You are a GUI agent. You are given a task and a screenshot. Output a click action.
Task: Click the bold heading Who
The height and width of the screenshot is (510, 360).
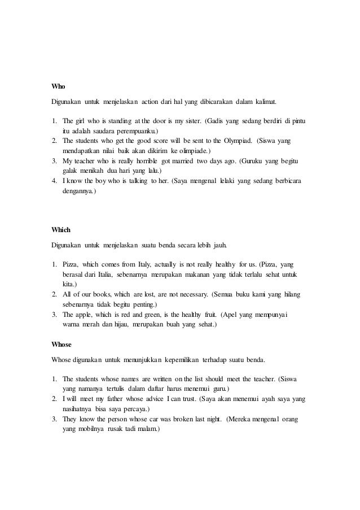click(58, 86)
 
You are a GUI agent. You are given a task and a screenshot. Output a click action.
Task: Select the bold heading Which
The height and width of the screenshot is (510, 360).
click(60, 230)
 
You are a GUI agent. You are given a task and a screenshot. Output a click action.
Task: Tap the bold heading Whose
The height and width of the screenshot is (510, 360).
click(61, 343)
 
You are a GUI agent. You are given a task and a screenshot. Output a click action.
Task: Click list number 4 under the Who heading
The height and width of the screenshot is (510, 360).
click(54, 181)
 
